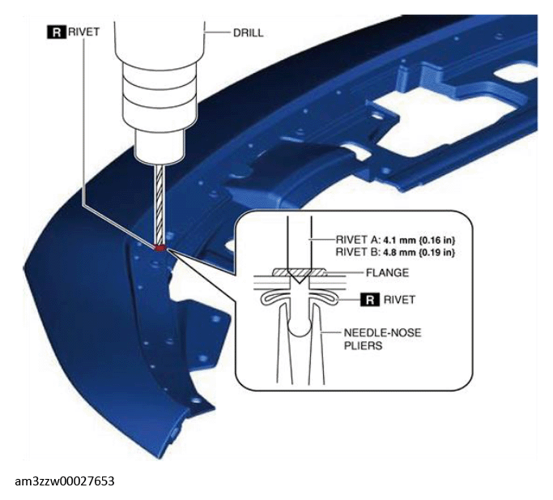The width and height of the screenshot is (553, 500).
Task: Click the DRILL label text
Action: click(x=248, y=33)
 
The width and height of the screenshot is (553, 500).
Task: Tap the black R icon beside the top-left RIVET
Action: click(x=56, y=32)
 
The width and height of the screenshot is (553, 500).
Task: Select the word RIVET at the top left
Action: click(x=83, y=32)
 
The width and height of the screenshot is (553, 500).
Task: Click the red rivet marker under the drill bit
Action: click(x=160, y=248)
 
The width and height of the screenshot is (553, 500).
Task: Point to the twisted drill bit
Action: click(x=160, y=205)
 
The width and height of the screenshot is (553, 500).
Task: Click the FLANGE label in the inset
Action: click(x=387, y=272)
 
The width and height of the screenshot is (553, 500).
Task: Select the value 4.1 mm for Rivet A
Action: click(x=399, y=240)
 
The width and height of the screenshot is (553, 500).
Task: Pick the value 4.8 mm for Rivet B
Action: click(x=399, y=253)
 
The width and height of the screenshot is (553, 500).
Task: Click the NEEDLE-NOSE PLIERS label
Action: click(x=382, y=339)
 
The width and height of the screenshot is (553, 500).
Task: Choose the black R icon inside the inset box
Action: click(x=369, y=300)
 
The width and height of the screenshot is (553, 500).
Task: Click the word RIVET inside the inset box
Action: click(x=399, y=300)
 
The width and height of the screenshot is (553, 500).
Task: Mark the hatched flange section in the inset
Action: click(x=299, y=272)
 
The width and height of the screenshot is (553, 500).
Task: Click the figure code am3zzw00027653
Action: click(x=65, y=481)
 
